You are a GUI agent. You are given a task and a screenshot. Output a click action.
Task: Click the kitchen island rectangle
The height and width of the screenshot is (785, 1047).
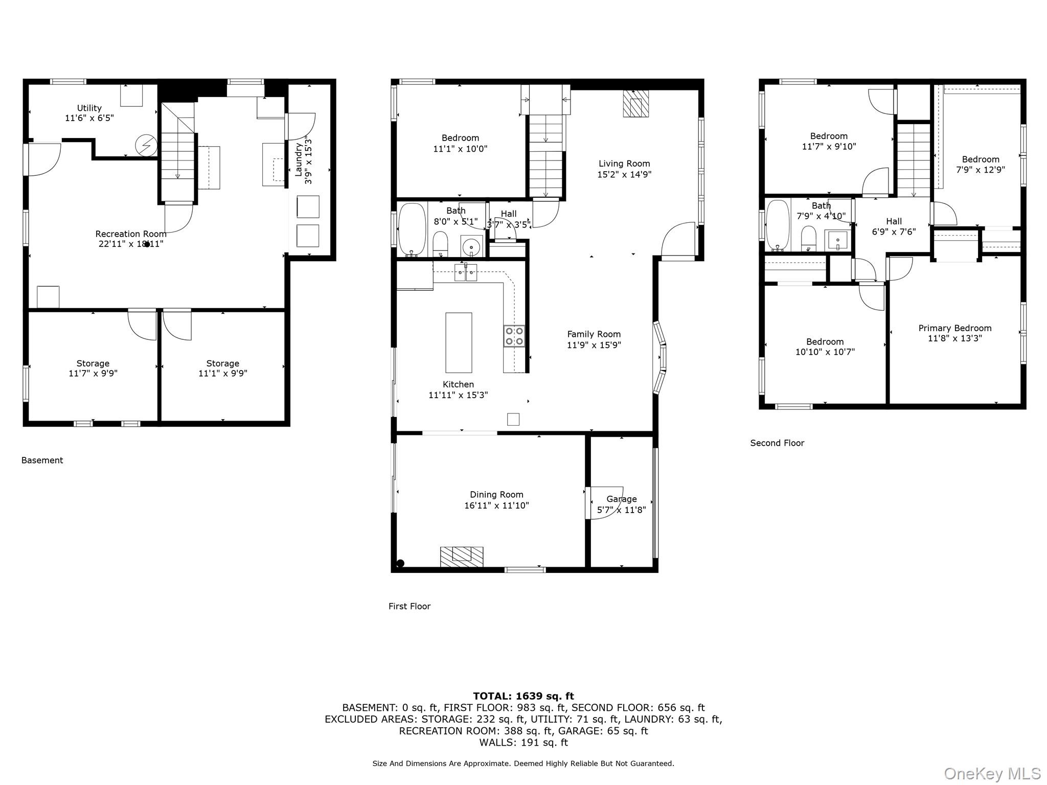pos(458,342)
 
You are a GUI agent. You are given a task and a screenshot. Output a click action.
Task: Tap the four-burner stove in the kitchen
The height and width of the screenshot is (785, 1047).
pos(514,336)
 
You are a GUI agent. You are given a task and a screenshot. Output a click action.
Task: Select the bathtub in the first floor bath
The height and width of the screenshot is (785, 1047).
pos(412,229)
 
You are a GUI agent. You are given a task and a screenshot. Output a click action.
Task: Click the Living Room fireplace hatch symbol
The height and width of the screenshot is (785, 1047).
pos(635,104)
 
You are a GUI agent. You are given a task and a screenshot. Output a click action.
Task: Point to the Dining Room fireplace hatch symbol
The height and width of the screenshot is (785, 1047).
pos(462,556)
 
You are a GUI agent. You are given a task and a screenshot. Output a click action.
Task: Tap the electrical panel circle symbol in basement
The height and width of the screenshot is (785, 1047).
pos(146,146)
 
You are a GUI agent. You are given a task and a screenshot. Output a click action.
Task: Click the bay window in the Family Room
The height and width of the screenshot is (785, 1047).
pos(659,357)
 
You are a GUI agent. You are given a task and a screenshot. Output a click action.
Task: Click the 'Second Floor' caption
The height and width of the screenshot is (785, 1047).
pos(777,443)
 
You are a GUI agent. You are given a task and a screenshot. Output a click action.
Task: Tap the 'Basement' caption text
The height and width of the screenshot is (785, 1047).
pos(42,460)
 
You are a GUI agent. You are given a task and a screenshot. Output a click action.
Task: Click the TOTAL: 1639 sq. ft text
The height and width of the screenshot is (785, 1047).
pos(523,696)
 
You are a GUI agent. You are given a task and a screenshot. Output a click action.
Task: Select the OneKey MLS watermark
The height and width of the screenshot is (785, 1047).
pos(992,773)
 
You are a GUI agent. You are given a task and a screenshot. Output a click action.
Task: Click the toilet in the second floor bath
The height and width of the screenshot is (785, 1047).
pos(808,239)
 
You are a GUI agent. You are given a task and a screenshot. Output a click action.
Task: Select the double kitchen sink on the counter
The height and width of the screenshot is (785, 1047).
pos(465,273)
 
